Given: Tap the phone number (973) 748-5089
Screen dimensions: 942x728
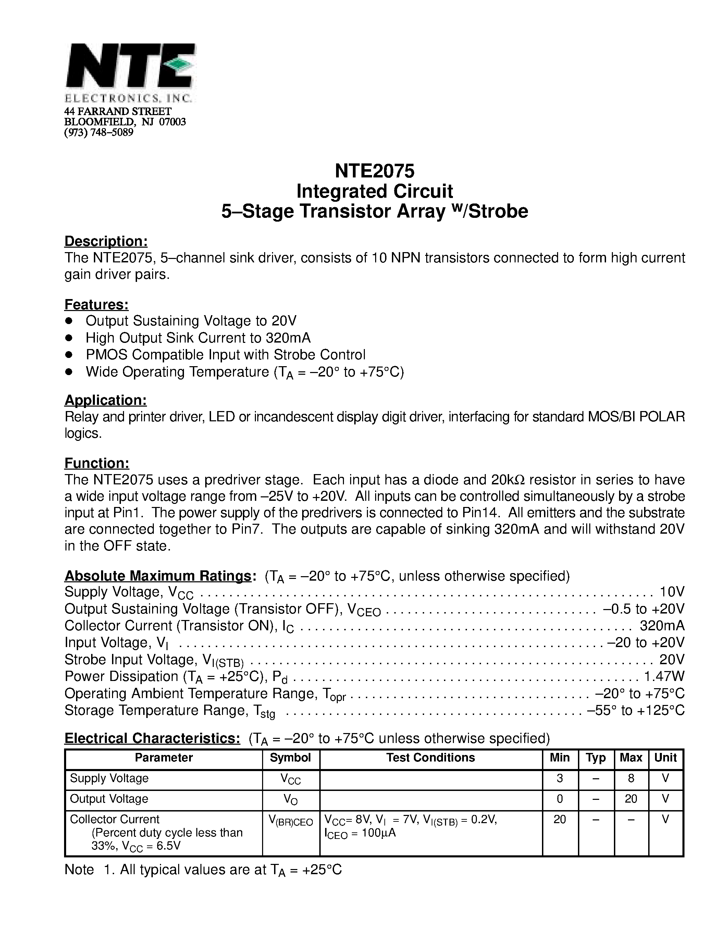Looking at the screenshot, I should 99,133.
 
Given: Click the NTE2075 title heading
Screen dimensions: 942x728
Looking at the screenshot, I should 374,171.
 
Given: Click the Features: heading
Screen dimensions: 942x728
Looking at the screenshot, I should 97,305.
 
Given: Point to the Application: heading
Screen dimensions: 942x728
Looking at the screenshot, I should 106,400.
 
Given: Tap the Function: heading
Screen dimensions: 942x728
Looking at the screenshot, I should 97,463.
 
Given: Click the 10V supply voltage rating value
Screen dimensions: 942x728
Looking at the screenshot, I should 672,592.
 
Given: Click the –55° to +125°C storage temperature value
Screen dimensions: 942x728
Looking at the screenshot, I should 636,710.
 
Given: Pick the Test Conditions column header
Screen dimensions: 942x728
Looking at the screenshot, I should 430,758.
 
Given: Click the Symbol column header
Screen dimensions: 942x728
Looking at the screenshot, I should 290,758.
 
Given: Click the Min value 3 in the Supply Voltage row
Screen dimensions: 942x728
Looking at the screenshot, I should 560,779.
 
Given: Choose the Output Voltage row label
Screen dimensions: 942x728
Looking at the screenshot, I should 109,799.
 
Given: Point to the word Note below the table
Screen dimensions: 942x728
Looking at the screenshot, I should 79,869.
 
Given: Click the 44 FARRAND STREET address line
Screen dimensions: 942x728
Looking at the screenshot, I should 118,112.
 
